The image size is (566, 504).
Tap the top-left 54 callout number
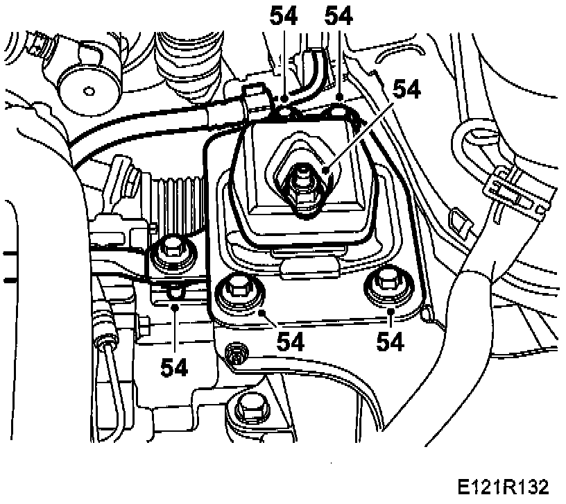click(285, 16)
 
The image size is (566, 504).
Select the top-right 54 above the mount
click(340, 16)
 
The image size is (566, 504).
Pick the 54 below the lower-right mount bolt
click(391, 342)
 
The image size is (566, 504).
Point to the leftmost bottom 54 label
click(174, 367)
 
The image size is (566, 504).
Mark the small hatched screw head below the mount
click(236, 354)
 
